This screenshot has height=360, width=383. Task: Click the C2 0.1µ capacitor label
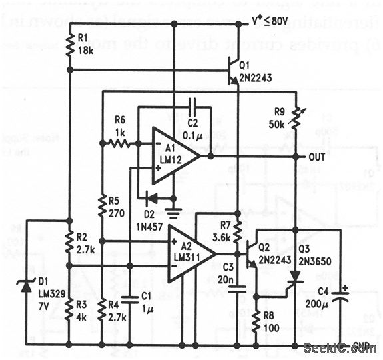pos(194,121)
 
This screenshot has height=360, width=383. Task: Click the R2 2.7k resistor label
pos(85,241)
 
